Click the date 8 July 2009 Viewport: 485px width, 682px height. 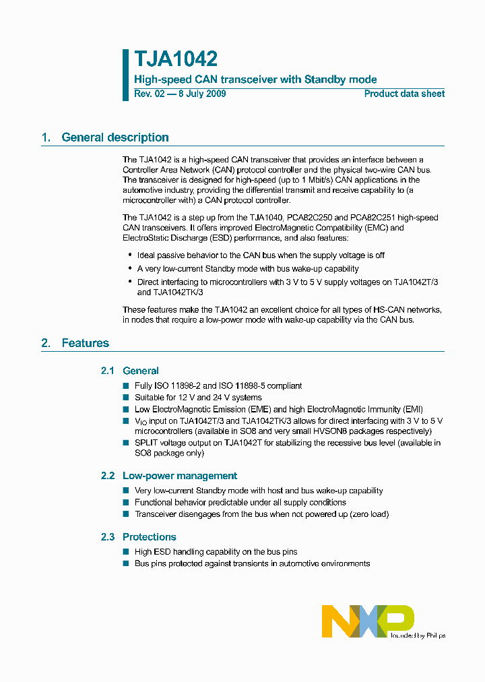(x=201, y=94)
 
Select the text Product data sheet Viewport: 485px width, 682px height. (x=404, y=94)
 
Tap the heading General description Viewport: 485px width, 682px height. (x=115, y=137)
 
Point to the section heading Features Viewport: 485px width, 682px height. (x=85, y=343)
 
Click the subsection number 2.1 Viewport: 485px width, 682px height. (x=108, y=371)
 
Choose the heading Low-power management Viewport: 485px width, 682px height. (x=180, y=476)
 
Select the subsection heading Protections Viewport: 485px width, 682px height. (x=150, y=537)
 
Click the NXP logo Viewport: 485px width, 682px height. (x=367, y=621)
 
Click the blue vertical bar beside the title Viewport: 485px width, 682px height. (x=125, y=75)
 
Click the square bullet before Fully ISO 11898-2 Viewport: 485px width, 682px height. (x=125, y=385)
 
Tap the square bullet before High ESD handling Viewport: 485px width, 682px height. (x=125, y=552)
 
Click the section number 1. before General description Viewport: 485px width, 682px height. (x=46, y=137)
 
